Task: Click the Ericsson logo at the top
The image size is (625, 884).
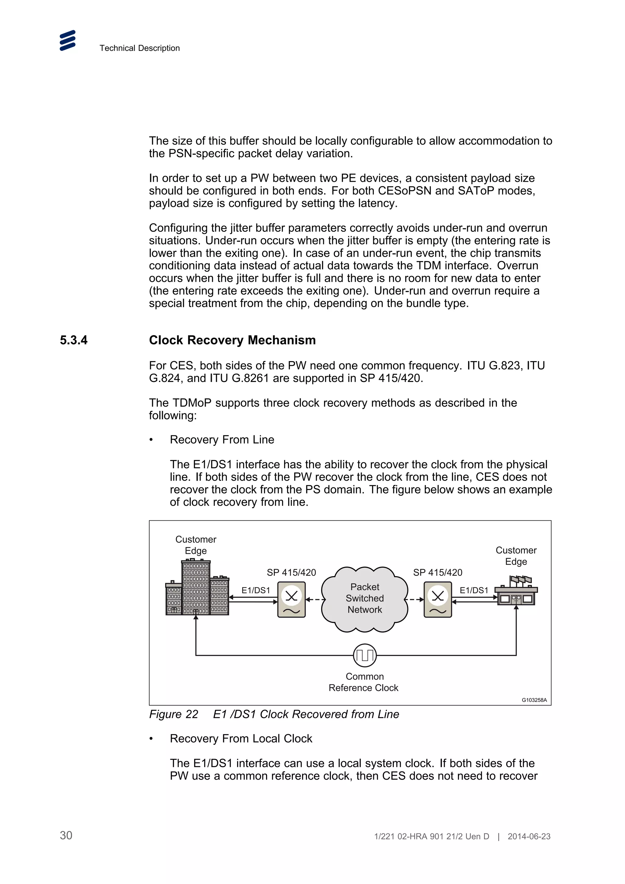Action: [x=67, y=41]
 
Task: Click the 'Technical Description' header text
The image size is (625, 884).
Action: [x=139, y=48]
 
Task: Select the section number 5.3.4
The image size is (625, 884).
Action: [x=74, y=340]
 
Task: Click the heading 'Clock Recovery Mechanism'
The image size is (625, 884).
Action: [x=232, y=340]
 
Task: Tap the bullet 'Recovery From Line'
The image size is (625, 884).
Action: [x=222, y=440]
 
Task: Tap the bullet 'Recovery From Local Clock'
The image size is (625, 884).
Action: [x=241, y=738]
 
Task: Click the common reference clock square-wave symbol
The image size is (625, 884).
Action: [x=364, y=655]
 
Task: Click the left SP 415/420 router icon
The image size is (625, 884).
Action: [x=291, y=599]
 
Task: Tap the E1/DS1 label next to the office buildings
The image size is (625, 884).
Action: [x=256, y=590]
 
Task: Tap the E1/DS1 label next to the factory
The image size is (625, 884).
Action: [x=474, y=590]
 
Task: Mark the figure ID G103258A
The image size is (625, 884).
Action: [x=534, y=700]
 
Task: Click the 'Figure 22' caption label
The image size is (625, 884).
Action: [x=173, y=714]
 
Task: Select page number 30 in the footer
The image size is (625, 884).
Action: [x=66, y=835]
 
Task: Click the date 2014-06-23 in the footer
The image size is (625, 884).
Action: [x=529, y=836]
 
